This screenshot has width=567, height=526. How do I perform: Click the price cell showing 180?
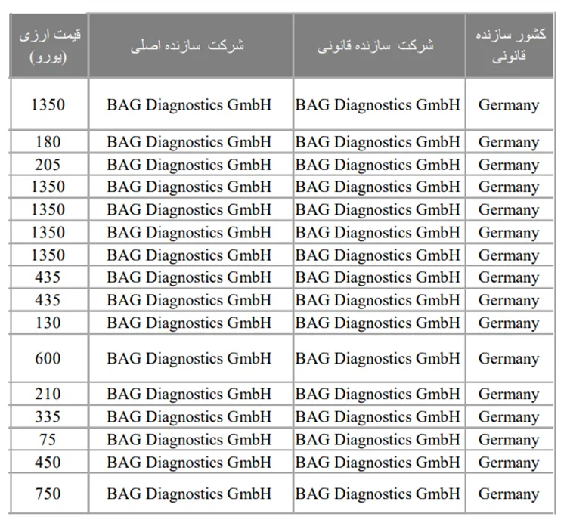pyautogui.click(x=48, y=141)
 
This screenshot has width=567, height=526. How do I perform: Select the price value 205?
pyautogui.click(x=48, y=164)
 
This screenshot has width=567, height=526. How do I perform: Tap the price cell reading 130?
pyautogui.click(x=48, y=323)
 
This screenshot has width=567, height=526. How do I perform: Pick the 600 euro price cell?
pyautogui.click(x=48, y=358)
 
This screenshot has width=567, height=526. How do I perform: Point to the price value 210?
pyautogui.click(x=48, y=394)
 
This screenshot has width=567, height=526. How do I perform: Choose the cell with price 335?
pyautogui.click(x=48, y=416)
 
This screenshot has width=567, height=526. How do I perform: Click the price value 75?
pyautogui.click(x=48, y=439)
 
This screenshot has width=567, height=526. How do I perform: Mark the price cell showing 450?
pyautogui.click(x=48, y=462)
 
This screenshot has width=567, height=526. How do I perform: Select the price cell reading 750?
pyautogui.click(x=48, y=494)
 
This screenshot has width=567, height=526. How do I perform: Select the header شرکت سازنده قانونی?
pyautogui.click(x=377, y=45)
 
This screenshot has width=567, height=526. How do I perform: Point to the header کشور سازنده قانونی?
pyautogui.click(x=509, y=45)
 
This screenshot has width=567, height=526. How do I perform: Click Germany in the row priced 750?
pyautogui.click(x=508, y=494)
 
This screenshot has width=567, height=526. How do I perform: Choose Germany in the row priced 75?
pyautogui.click(x=508, y=440)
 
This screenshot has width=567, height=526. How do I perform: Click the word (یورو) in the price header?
pyautogui.click(x=48, y=57)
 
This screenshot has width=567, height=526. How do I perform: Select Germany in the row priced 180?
pyautogui.click(x=508, y=142)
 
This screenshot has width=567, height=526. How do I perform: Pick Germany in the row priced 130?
pyautogui.click(x=508, y=323)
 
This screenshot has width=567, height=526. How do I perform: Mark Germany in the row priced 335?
pyautogui.click(x=508, y=417)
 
